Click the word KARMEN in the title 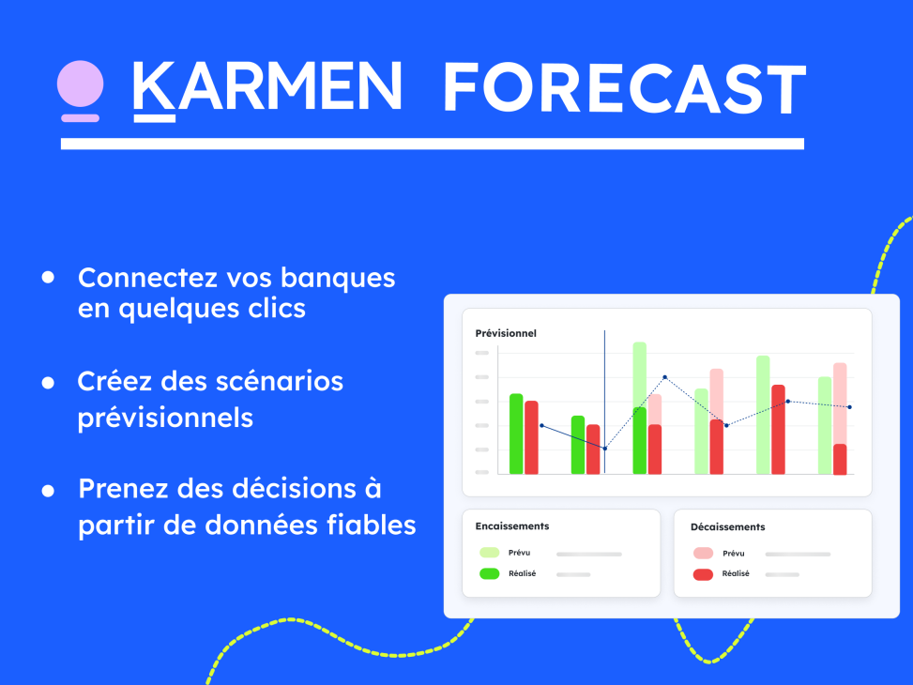pos(267,89)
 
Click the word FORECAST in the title pos(623,89)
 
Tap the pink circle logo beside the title pos(80,85)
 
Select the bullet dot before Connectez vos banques pos(48,278)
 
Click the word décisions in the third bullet pos(277,489)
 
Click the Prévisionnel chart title pos(506,333)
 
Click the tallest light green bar pos(639,375)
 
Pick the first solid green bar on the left pos(516,434)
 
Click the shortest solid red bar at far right pos(840,459)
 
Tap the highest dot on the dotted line pos(664,377)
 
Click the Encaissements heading pos(512,526)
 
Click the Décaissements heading pos(727,526)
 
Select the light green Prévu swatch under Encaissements pos(489,553)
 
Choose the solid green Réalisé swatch pos(489,573)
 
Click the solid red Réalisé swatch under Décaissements pos(703,573)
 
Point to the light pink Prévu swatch pos(703,553)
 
